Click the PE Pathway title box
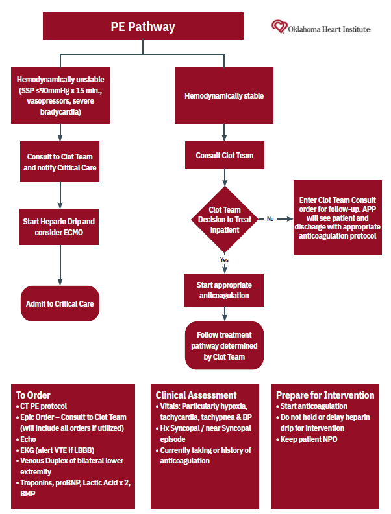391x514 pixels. (143, 27)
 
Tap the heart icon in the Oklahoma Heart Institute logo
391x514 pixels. (279, 27)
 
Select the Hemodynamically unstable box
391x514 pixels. (60, 95)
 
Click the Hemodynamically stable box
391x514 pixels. (224, 95)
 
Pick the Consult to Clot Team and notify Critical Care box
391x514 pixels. (60, 162)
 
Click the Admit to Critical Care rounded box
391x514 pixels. (60, 303)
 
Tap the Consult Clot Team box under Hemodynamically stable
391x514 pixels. (224, 156)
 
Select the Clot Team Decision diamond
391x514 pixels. (224, 220)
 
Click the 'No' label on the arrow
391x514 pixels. (270, 219)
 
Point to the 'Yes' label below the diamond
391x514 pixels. (224, 259)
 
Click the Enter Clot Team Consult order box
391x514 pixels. (339, 218)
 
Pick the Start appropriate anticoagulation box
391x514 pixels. (224, 290)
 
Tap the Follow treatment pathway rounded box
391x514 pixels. (224, 346)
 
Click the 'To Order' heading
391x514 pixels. (33, 395)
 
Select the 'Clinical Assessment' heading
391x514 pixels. (195, 395)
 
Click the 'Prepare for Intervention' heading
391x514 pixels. (325, 395)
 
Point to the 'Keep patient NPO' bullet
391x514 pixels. (309, 439)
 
